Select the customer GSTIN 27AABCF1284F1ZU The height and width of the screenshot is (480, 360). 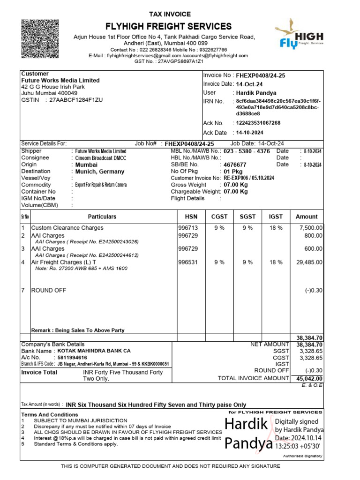click(74, 100)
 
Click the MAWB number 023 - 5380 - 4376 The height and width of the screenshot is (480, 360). click(247, 151)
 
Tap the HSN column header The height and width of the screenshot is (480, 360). click(191, 217)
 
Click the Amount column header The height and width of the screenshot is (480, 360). click(307, 217)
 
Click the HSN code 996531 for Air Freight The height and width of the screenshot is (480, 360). click(188, 262)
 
